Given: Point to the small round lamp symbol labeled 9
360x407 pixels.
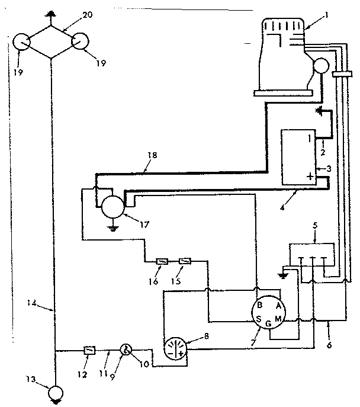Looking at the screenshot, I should pos(126,350).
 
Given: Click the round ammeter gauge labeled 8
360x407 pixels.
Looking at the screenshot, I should pos(173,348).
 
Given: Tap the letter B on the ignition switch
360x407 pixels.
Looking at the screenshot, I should pos(259,306).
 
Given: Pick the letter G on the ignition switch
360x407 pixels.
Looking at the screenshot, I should pos(269,324).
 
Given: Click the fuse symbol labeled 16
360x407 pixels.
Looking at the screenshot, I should pos(160,260).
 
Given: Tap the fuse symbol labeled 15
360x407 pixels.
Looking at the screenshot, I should pos(185,260).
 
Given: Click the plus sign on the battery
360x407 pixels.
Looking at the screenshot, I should pos(309,177).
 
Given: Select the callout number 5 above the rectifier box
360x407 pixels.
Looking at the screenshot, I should pos(315,225).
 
